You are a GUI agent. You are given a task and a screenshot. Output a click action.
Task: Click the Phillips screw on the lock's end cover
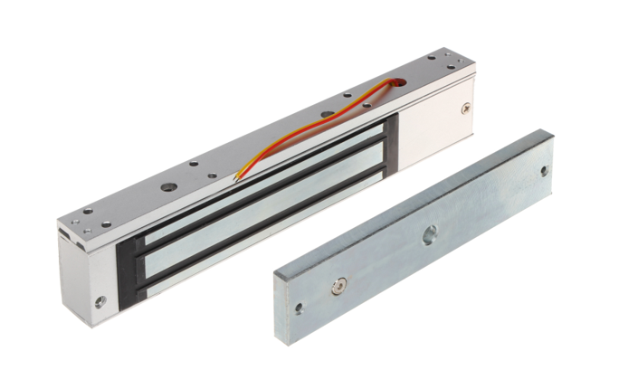tap(467, 109)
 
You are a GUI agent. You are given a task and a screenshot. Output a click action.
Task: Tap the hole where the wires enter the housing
tap(391, 84)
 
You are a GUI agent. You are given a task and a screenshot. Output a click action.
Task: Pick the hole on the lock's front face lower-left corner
tap(99, 299)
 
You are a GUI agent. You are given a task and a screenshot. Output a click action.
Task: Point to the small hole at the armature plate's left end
tap(299, 308)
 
